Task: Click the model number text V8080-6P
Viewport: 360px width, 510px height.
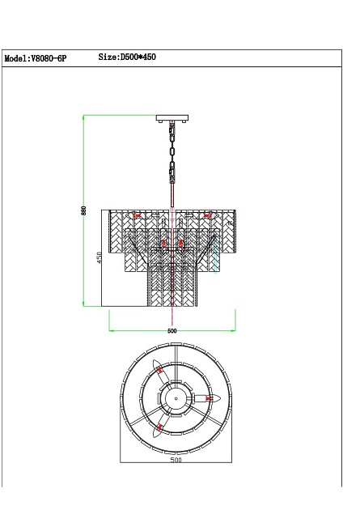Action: [x=49, y=59]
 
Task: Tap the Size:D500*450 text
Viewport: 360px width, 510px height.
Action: [x=127, y=57]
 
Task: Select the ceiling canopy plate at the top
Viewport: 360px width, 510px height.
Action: [x=172, y=118]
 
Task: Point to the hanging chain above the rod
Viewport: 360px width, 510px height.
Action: [x=172, y=153]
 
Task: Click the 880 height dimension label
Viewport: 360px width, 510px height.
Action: [x=84, y=210]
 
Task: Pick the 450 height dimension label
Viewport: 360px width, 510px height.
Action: [x=100, y=257]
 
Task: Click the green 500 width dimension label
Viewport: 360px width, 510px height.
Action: [x=172, y=331]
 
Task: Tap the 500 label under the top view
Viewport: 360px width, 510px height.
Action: [x=176, y=460]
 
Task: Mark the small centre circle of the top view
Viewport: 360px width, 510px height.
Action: [x=176, y=398]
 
